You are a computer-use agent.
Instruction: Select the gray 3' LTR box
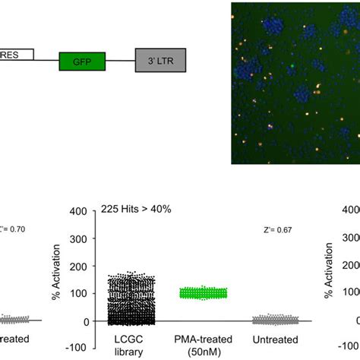(x=160, y=57)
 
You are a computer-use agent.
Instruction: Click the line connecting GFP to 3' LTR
(x=121, y=60)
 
